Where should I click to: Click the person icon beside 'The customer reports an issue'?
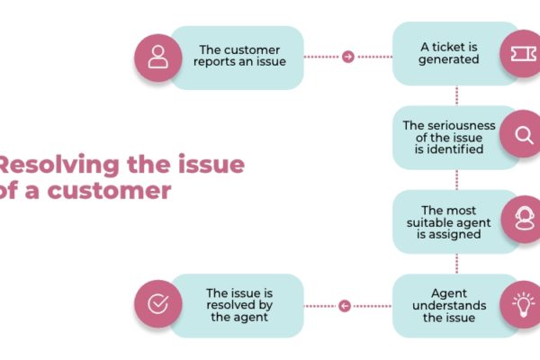coord(158,58)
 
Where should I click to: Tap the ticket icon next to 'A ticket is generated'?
coord(523,54)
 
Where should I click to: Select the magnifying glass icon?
coord(524,135)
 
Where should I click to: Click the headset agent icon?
coord(525,219)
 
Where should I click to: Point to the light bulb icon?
coord(524,304)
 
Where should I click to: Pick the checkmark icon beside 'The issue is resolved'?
coord(158,304)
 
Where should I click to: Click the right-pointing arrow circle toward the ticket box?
coord(348,57)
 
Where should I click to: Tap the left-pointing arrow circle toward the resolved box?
coord(345,306)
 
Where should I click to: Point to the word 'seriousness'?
coord(461,126)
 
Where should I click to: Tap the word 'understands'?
coord(449,306)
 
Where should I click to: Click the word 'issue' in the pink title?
coord(211,165)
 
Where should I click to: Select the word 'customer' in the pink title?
coord(109,191)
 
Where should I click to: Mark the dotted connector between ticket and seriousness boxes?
coord(456,95)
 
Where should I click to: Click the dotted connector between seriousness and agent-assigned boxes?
coord(456,179)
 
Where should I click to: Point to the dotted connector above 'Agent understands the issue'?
coord(456,264)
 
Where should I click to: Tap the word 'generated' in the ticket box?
coord(449,59)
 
